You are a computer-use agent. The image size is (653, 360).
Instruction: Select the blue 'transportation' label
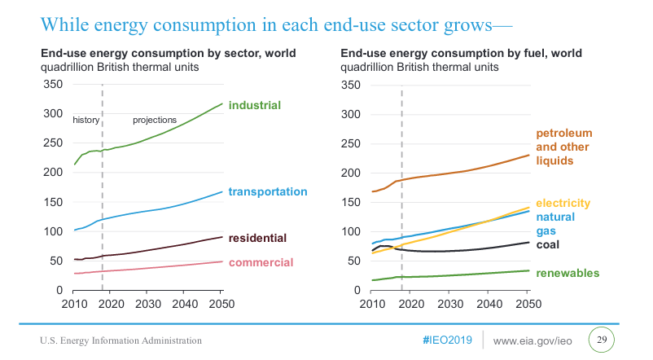click(x=268, y=191)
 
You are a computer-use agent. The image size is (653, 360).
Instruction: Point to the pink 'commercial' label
click(x=261, y=262)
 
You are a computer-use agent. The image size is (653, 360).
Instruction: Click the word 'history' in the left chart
click(x=85, y=120)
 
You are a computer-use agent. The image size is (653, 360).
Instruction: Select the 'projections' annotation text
click(x=155, y=120)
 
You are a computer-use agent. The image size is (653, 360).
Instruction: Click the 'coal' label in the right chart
click(x=549, y=244)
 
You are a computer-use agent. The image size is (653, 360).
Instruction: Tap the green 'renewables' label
click(x=568, y=273)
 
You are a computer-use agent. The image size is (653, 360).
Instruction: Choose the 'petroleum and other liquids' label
click(x=563, y=147)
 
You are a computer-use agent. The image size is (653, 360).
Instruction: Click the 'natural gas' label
click(x=555, y=224)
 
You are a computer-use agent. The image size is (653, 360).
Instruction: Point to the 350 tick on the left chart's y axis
click(x=52, y=84)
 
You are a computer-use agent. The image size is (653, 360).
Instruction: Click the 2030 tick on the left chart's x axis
click(x=147, y=304)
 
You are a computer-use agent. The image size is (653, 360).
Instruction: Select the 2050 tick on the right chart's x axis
click(x=528, y=304)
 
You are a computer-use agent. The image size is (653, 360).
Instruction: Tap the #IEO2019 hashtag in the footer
click(x=447, y=339)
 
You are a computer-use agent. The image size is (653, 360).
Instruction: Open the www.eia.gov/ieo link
click(x=535, y=339)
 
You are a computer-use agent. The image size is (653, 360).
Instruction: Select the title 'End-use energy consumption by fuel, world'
click(x=462, y=54)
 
